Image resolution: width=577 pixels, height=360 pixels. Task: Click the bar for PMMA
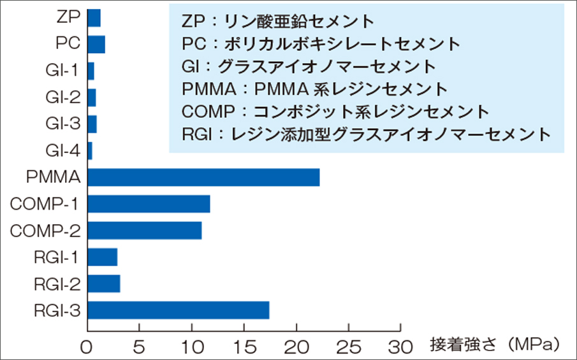coord(203,177)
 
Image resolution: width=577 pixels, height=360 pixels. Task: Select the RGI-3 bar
coord(178,310)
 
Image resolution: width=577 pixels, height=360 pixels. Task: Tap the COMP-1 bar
coord(149,204)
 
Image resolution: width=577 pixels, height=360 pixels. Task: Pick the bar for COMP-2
coord(145,231)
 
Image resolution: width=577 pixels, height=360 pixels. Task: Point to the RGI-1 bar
coord(102,257)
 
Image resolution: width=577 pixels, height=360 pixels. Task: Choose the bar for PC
coord(96,44)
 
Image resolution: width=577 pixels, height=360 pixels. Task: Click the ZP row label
coord(68,17)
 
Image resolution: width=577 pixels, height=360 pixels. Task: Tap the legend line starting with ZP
coord(277,22)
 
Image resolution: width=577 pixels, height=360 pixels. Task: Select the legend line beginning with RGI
coord(365,134)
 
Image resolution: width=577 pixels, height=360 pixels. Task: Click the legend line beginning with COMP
coord(335,112)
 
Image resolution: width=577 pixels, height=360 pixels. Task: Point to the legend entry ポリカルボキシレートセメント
coord(321,44)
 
